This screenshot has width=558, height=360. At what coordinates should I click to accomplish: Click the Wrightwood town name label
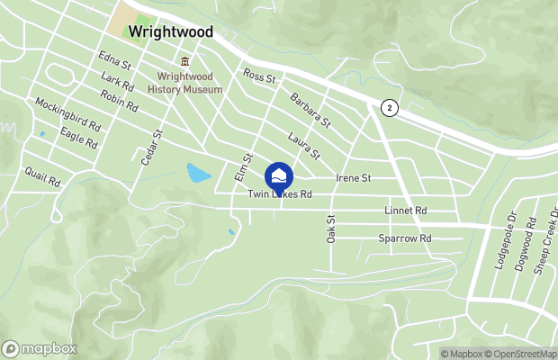[x=170, y=31]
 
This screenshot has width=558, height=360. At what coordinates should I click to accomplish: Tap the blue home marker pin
[x=279, y=175]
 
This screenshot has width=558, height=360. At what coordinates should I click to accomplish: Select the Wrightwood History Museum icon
[x=184, y=61]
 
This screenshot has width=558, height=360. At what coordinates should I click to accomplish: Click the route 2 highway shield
[x=388, y=107]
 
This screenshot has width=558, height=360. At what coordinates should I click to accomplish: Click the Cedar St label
[x=157, y=146]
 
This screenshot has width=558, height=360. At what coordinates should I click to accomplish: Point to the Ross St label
[x=259, y=78]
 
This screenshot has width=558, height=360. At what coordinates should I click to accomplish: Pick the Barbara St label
[x=310, y=108]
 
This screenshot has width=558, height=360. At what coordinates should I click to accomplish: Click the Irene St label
[x=353, y=178]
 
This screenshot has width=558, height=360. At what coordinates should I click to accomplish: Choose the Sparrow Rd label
[x=405, y=238]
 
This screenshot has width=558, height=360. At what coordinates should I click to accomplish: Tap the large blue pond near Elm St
[x=198, y=172]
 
